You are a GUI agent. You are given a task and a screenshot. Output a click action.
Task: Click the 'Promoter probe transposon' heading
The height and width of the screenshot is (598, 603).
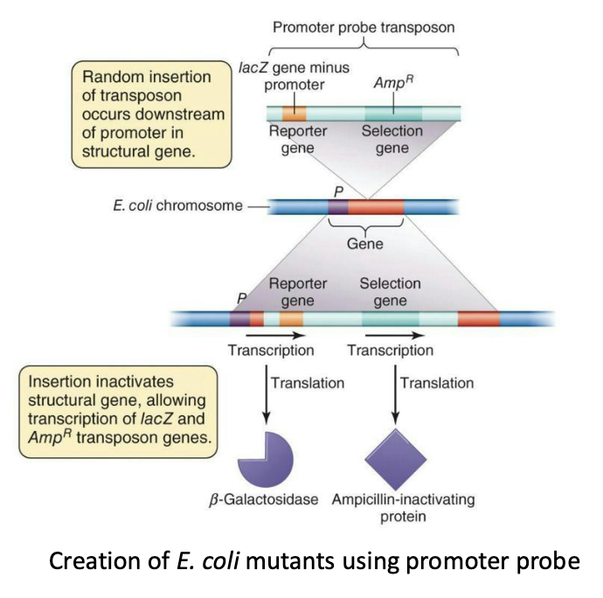(x=364, y=27)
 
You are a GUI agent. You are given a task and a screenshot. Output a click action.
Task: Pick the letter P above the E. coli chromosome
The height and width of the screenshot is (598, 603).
(x=337, y=190)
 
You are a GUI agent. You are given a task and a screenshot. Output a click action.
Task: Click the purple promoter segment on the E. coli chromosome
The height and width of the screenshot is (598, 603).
(x=337, y=207)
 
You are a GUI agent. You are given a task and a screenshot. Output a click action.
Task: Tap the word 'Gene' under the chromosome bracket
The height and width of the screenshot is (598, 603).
(x=365, y=244)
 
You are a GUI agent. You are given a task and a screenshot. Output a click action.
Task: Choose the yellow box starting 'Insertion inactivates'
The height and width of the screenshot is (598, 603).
(x=117, y=412)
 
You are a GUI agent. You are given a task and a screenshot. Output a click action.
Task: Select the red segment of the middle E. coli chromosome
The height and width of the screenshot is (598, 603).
(x=376, y=207)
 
